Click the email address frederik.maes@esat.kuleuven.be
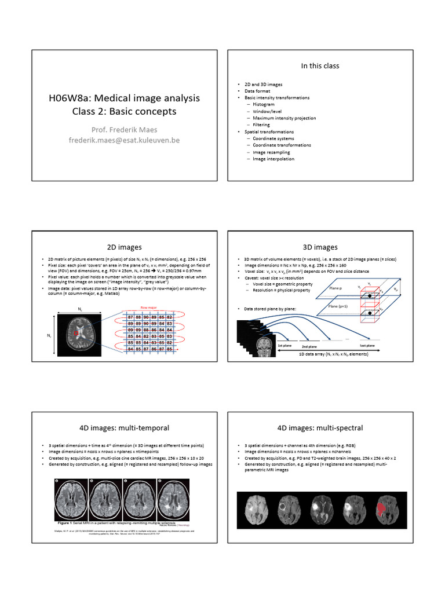[124, 140]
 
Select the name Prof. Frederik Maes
[124, 129]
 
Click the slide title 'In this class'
[320, 66]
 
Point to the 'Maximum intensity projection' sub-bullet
[284, 118]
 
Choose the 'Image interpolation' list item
[273, 159]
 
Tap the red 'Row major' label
[149, 309]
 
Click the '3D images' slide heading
[320, 247]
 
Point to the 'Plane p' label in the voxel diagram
[335, 288]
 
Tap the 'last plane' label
[367, 345]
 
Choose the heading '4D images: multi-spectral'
[320, 428]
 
